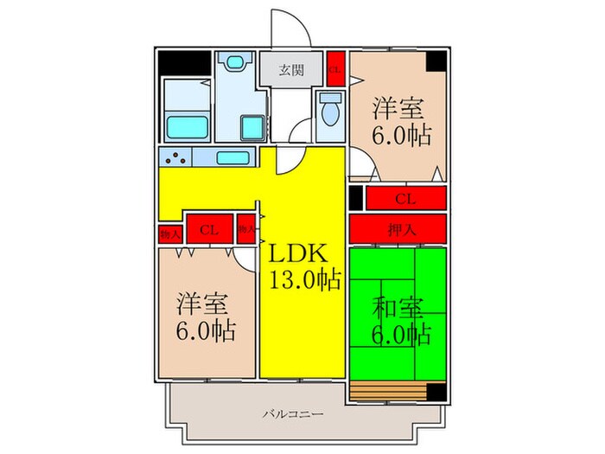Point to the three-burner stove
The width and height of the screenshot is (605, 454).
pyautogui.click(x=175, y=158)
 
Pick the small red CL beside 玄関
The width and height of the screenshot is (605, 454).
pyautogui.click(x=335, y=67)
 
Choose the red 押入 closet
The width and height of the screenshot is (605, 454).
pyautogui.click(x=398, y=229)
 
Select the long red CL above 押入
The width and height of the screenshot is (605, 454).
pyautogui.click(x=404, y=198)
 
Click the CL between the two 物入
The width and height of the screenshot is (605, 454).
pyautogui.click(x=208, y=229)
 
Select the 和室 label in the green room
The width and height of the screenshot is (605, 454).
pyautogui.click(x=398, y=307)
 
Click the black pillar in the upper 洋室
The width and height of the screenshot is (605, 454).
pyautogui.click(x=436, y=61)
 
